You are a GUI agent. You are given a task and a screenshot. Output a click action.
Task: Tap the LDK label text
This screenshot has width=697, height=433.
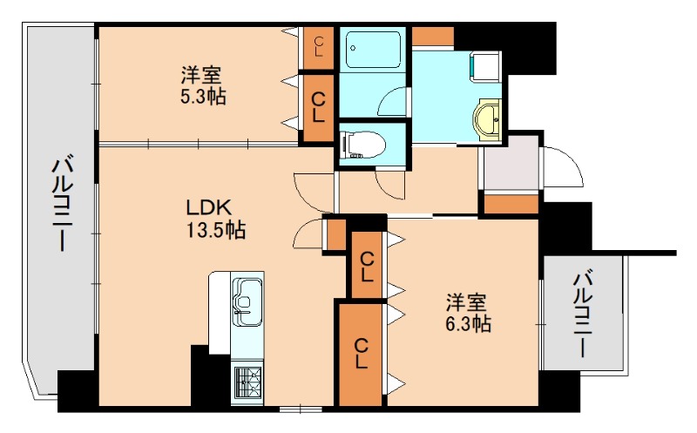tap(207, 208)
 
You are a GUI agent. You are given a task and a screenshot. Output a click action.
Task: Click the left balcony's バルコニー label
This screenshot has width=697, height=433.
tap(60, 203)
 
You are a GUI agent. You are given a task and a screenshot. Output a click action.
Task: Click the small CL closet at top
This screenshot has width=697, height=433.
tap(319, 45)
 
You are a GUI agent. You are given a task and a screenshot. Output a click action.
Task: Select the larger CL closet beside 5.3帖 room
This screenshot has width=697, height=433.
tap(319, 107)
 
